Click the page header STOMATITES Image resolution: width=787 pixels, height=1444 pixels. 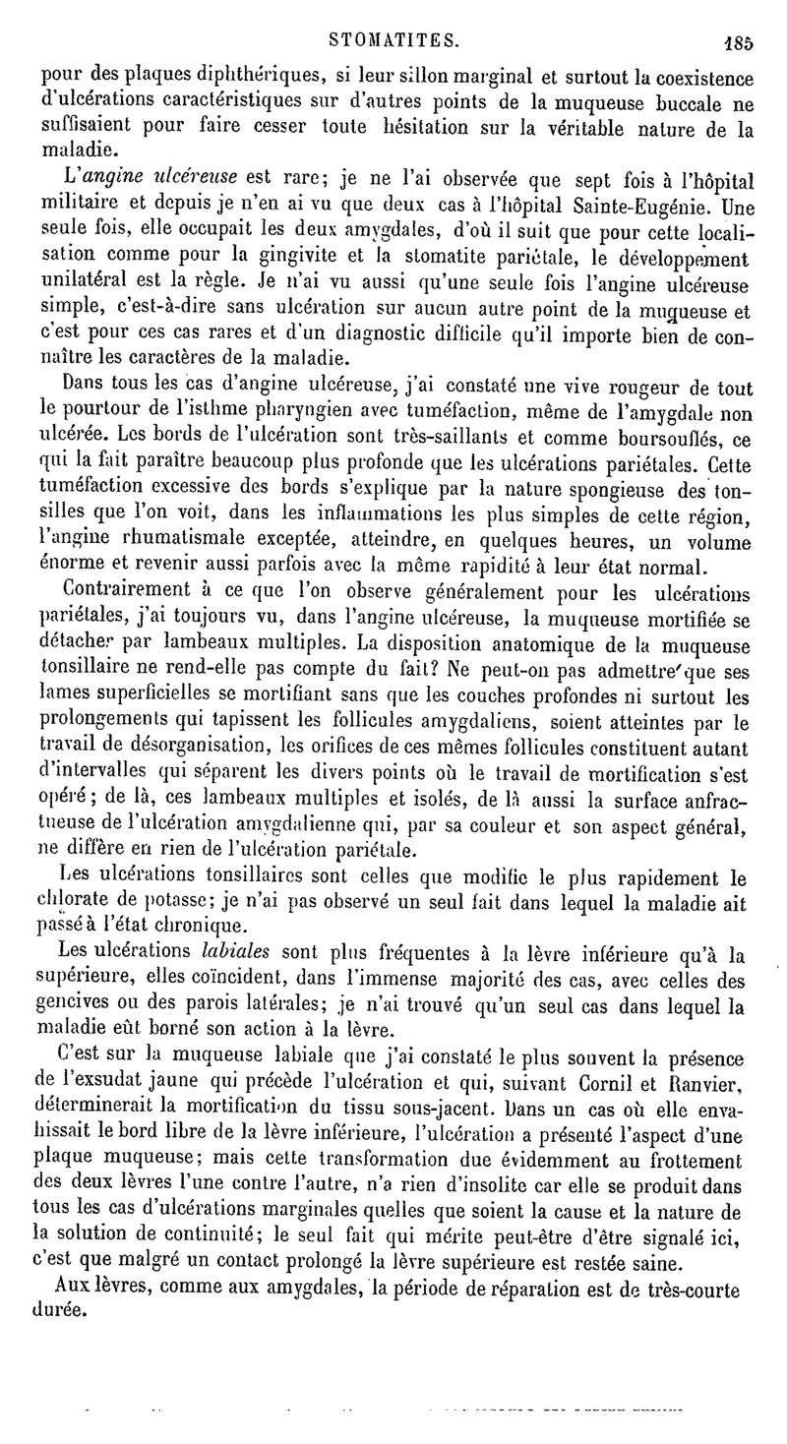point(393,41)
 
